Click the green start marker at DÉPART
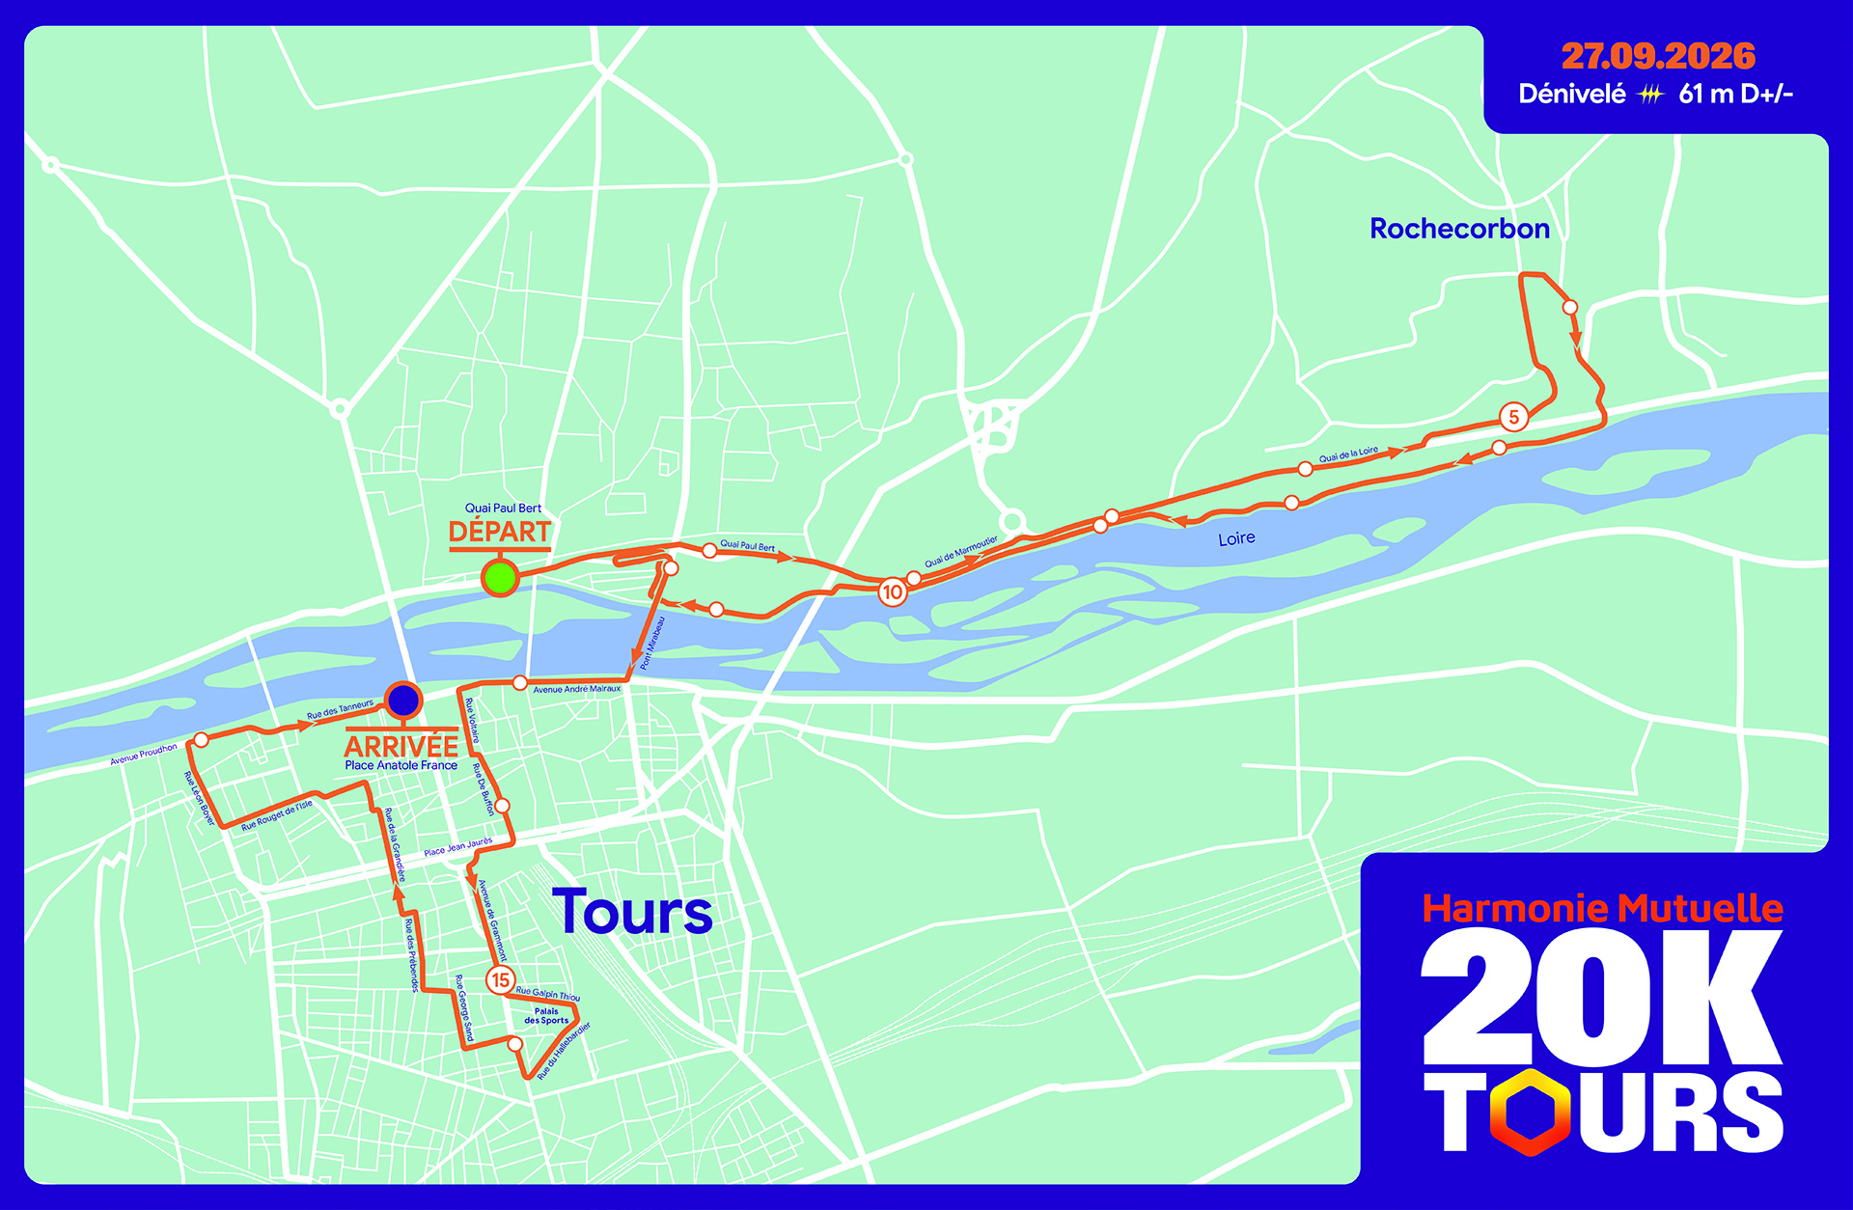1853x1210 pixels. pyautogui.click(x=500, y=578)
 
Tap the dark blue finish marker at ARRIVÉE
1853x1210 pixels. pyautogui.click(x=403, y=700)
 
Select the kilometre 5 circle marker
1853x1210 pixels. pyautogui.click(x=1513, y=417)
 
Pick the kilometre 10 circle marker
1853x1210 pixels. pyautogui.click(x=892, y=592)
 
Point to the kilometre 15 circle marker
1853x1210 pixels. pyautogui.click(x=500, y=980)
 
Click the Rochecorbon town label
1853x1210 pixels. pyautogui.click(x=1459, y=229)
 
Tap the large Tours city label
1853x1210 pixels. pyautogui.click(x=632, y=913)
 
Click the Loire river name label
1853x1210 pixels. pyautogui.click(x=1236, y=538)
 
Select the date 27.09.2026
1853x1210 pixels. pyautogui.click(x=1658, y=56)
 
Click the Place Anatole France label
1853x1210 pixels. pyautogui.click(x=401, y=765)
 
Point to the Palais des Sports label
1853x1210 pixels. pyautogui.click(x=546, y=1016)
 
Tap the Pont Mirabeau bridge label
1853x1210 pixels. pyautogui.click(x=652, y=643)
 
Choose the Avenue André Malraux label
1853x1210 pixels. pyautogui.click(x=577, y=689)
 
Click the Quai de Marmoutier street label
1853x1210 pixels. pyautogui.click(x=961, y=551)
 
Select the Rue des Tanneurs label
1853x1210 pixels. pyautogui.click(x=340, y=709)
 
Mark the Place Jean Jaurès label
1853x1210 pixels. pyautogui.click(x=457, y=847)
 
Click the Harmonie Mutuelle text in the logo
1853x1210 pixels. pyautogui.click(x=1602, y=908)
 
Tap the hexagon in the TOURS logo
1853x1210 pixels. pyautogui.click(x=1530, y=1112)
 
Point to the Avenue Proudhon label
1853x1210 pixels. pyautogui.click(x=144, y=754)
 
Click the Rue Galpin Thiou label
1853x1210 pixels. pyautogui.click(x=548, y=994)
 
